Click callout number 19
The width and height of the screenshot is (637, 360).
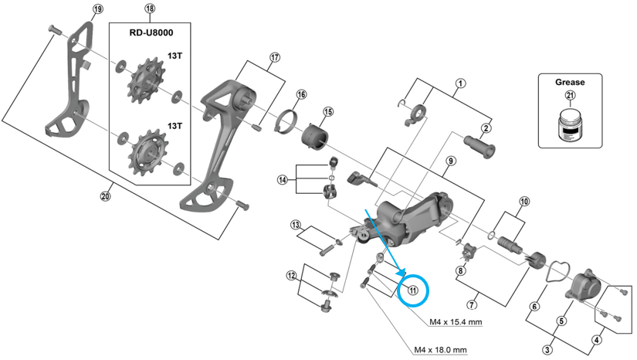coord(97,9)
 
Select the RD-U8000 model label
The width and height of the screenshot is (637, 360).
coord(150,32)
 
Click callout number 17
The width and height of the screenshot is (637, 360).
coord(274,57)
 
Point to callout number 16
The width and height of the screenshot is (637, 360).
coord(300,94)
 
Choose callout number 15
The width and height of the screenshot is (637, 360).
coord(327,112)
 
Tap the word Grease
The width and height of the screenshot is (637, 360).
coord(571,82)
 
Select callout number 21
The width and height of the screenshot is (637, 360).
coord(571,96)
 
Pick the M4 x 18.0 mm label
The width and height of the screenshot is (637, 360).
coord(441,349)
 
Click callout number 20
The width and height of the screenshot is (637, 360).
coord(105,196)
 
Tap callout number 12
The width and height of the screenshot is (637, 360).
coord(291,276)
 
